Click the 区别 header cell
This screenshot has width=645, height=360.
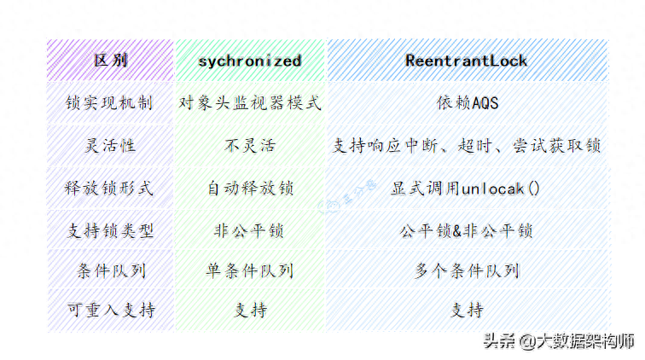point(111,61)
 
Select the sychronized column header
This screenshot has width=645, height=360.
point(250,61)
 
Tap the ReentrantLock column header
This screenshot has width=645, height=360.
point(467,61)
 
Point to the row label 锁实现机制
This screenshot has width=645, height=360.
point(111,103)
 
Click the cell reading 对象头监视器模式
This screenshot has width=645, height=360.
point(250,103)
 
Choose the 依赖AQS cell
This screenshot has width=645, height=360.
point(467,103)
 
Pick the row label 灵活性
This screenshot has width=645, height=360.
point(111,146)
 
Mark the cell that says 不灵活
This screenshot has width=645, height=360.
point(250,146)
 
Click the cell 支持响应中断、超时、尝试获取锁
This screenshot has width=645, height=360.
point(467,146)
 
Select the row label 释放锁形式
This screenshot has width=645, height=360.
point(111,188)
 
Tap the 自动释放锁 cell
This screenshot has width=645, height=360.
point(250,188)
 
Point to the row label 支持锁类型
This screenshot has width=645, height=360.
point(111,230)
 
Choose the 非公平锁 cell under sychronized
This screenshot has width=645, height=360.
point(250,230)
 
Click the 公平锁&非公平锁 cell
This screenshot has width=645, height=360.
point(467,230)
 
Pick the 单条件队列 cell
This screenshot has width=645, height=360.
point(250,271)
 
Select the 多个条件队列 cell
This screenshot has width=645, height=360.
point(467,271)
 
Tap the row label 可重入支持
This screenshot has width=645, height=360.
point(111,311)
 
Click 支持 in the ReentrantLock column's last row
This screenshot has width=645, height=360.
point(467,311)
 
